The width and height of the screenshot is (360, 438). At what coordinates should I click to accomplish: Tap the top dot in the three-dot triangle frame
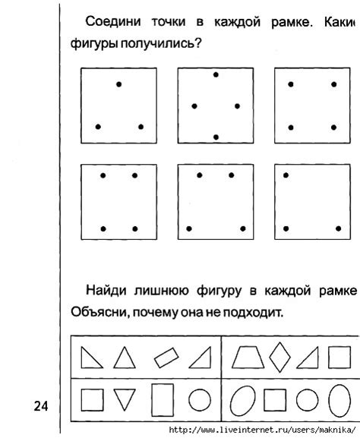click(x=118, y=84)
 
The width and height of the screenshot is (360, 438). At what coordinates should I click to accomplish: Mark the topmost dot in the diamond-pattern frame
click(x=216, y=74)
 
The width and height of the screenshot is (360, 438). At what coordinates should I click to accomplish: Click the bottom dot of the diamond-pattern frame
click(x=216, y=137)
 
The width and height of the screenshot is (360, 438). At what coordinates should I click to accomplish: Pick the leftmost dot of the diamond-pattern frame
click(x=194, y=106)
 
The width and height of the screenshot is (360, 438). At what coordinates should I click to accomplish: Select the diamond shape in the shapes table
click(x=282, y=356)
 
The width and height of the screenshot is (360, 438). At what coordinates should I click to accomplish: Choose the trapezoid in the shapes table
click(x=245, y=356)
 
